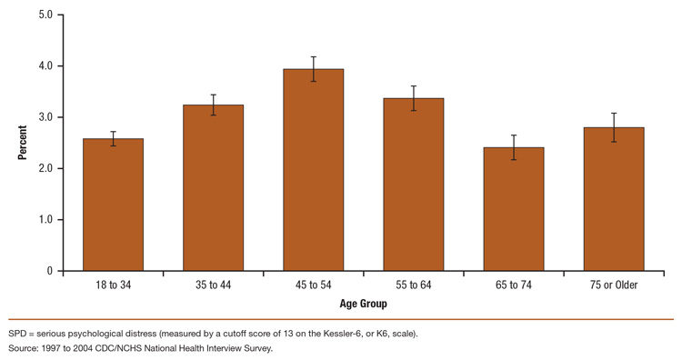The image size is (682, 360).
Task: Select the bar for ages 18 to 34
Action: [114, 205]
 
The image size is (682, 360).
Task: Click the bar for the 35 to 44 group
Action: [213, 188]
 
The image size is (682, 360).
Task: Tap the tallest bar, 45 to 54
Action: [313, 170]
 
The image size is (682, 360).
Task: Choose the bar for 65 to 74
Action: [513, 209]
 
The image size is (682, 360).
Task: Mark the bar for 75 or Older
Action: [613, 199]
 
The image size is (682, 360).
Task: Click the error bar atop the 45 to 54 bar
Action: [313, 69]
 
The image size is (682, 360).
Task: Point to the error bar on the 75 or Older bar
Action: [613, 127]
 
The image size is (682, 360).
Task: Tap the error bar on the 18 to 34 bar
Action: [114, 138]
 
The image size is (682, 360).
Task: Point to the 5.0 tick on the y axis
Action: [45, 15]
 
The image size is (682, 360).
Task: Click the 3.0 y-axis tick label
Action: [45, 117]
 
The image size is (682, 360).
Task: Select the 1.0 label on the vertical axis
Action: [45, 220]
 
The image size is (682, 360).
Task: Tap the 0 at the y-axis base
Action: [49, 271]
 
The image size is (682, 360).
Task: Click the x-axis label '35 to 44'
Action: [213, 285]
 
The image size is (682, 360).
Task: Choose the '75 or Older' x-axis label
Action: [613, 285]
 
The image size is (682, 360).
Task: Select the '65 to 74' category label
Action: [513, 285]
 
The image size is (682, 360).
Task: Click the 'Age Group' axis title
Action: [362, 304]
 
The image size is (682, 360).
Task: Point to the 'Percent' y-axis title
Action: [22, 143]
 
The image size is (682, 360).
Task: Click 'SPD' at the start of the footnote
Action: [18, 334]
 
